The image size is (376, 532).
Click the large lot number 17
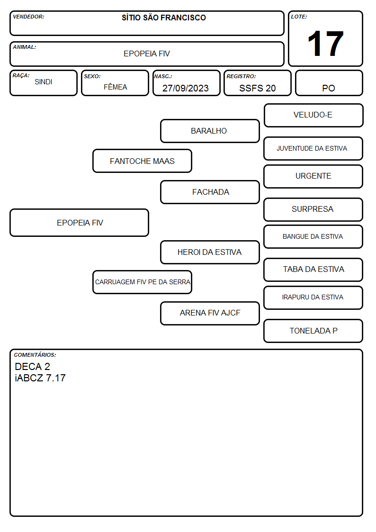(x=325, y=44)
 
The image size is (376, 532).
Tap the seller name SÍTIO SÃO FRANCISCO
(x=164, y=18)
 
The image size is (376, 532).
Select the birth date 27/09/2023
(x=186, y=88)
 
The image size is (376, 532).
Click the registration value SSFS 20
(x=257, y=88)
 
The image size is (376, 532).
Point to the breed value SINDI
(x=44, y=82)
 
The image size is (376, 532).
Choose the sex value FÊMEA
(x=115, y=87)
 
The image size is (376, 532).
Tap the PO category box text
(x=329, y=88)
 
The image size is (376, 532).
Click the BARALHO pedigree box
(x=210, y=131)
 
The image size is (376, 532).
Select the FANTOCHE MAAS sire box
(x=143, y=161)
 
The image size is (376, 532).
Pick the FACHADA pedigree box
(x=210, y=192)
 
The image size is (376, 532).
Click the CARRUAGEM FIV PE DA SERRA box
(x=143, y=282)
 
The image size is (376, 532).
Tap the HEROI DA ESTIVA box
(x=210, y=252)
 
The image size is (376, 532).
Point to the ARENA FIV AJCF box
(x=210, y=313)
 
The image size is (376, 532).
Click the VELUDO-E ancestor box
(x=313, y=116)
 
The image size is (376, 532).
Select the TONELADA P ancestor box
(x=313, y=331)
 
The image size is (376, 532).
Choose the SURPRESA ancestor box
(x=313, y=209)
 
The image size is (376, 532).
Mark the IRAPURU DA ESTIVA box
(x=313, y=298)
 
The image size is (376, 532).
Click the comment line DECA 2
(x=33, y=366)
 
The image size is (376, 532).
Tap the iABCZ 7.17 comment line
(x=40, y=378)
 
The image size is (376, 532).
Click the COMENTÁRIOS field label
(x=35, y=355)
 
